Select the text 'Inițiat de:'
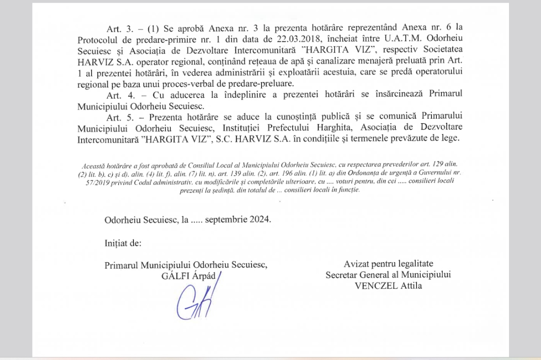pos(123,243)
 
